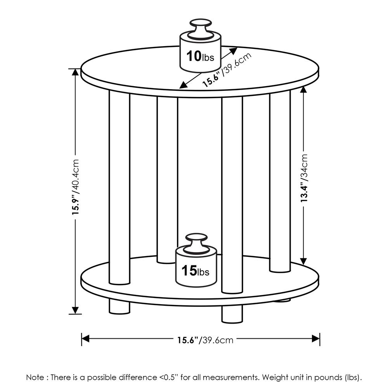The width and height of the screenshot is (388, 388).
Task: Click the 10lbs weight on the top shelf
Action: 199,54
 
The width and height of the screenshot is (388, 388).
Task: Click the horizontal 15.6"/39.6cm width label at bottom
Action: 205,340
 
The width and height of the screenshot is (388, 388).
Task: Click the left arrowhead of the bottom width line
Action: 85,339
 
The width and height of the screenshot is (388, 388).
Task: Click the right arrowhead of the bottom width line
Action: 316,339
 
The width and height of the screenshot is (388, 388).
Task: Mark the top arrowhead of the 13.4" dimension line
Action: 304,90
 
